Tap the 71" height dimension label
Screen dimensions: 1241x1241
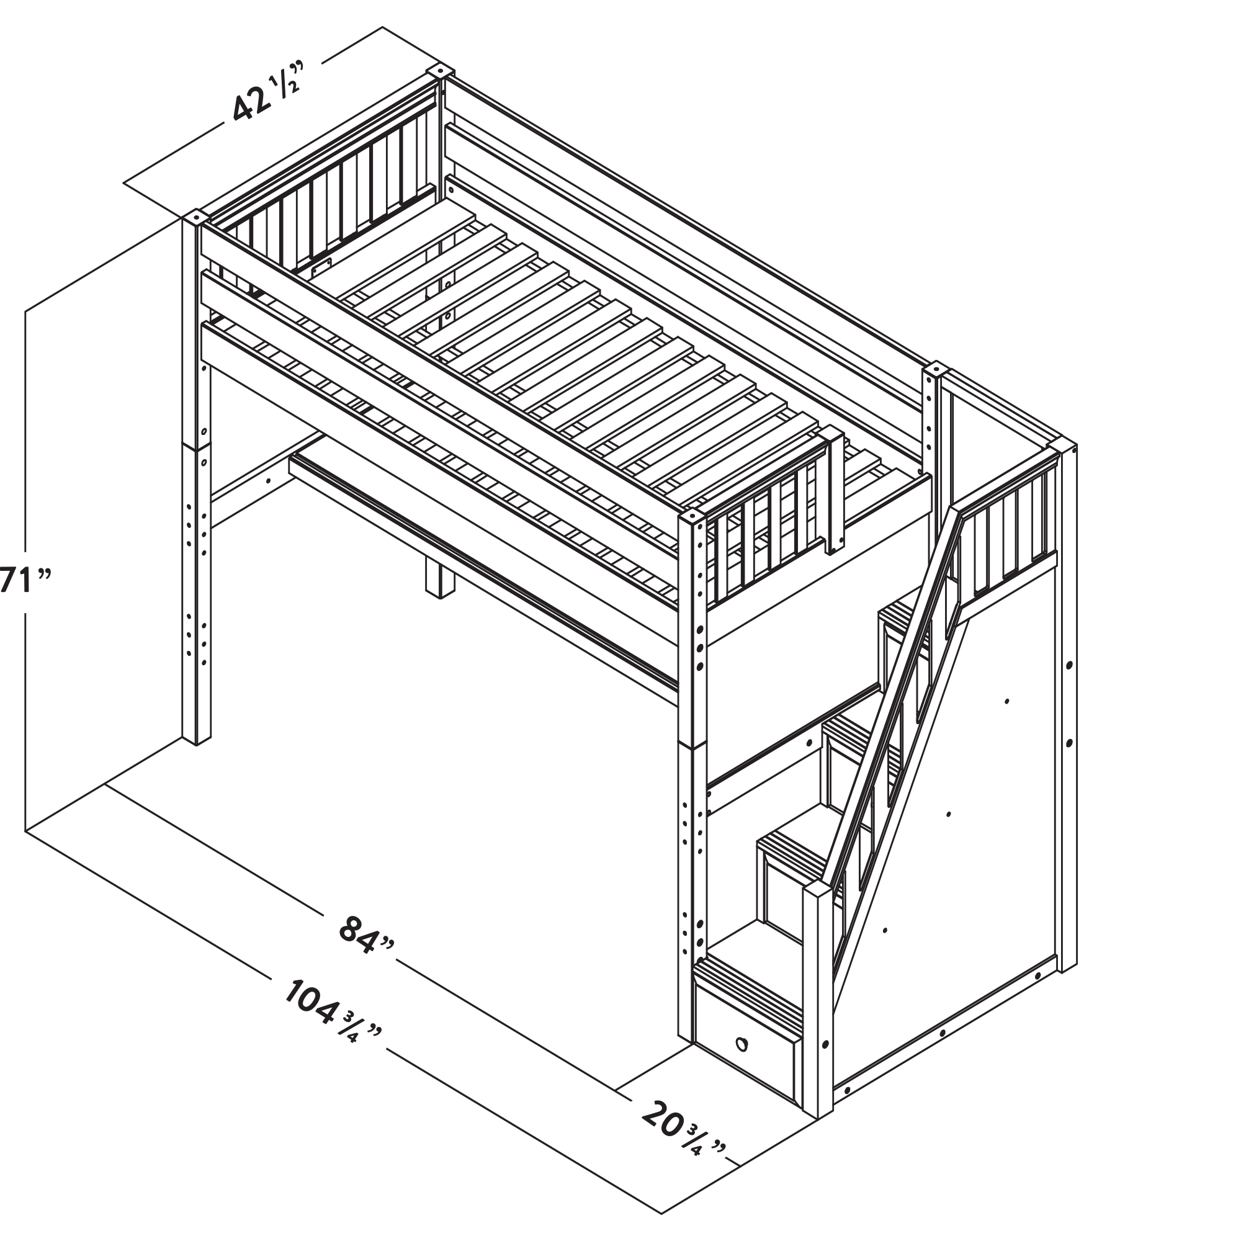click(x=24, y=581)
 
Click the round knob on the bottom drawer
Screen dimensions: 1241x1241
click(x=742, y=1044)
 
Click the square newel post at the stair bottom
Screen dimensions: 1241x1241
click(x=818, y=1007)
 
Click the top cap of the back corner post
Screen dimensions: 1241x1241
click(x=439, y=71)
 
